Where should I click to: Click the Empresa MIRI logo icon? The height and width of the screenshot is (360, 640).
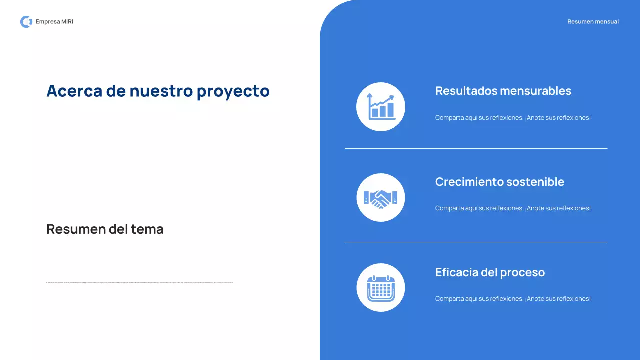click(26, 22)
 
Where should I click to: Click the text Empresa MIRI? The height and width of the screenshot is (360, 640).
click(54, 22)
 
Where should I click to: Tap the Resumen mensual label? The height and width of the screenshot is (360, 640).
click(593, 22)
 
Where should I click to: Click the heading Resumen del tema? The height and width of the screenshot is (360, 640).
click(105, 229)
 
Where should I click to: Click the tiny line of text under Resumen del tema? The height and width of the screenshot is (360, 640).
click(140, 282)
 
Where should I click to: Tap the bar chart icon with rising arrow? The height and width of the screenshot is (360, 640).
click(381, 107)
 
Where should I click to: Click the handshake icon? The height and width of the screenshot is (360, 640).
click(381, 198)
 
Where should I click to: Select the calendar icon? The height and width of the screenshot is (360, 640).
click(381, 288)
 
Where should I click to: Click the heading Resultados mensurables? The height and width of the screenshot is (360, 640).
click(503, 91)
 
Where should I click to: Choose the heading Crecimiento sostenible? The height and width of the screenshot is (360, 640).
click(499, 182)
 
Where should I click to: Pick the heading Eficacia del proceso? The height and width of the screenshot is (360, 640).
click(490, 272)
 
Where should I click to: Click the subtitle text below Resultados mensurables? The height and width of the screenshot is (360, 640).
click(513, 118)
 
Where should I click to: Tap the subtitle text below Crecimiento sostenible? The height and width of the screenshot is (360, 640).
click(513, 208)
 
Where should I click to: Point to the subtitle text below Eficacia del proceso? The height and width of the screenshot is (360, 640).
click(513, 299)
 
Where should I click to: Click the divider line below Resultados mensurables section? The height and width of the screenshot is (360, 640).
click(476, 148)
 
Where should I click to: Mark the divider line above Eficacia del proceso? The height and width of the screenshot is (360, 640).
click(476, 242)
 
